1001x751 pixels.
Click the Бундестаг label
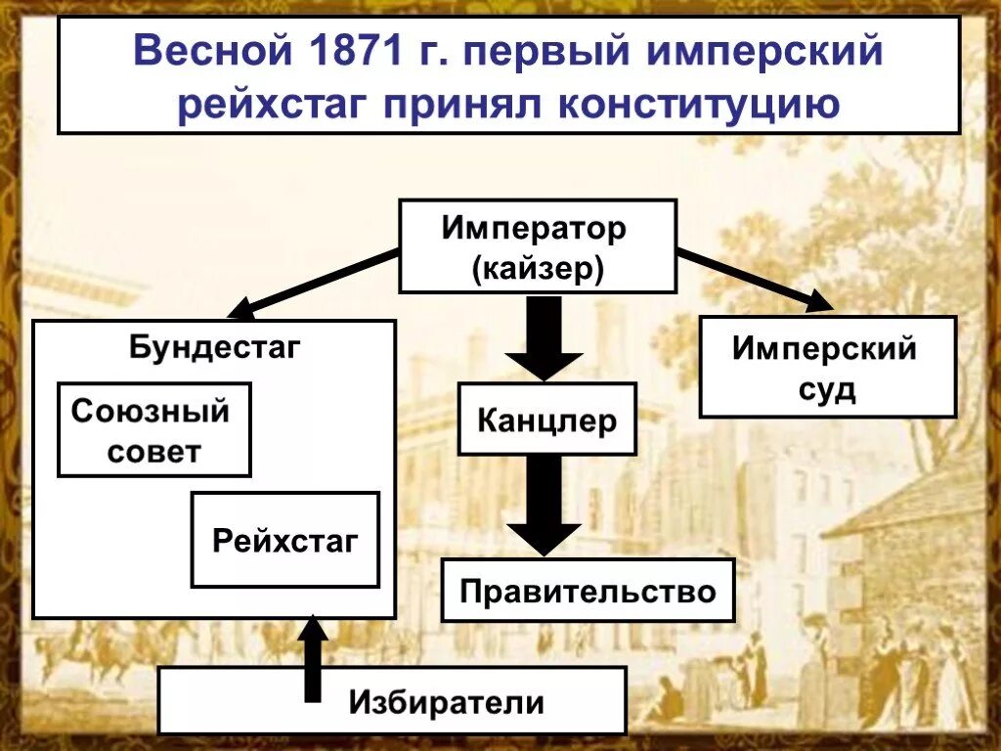pyautogui.click(x=214, y=347)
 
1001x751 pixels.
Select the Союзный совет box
pyautogui.click(x=154, y=430)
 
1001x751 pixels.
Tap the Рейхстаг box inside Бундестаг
pyautogui.click(x=284, y=540)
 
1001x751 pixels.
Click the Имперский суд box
pyautogui.click(x=826, y=368)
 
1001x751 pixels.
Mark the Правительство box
pyautogui.click(x=588, y=591)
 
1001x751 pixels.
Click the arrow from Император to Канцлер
pyautogui.click(x=544, y=337)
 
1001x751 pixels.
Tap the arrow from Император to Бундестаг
pyautogui.click(x=313, y=285)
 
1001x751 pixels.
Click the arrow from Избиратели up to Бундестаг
pyautogui.click(x=312, y=660)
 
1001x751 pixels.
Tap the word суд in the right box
pyautogui.click(x=827, y=389)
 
